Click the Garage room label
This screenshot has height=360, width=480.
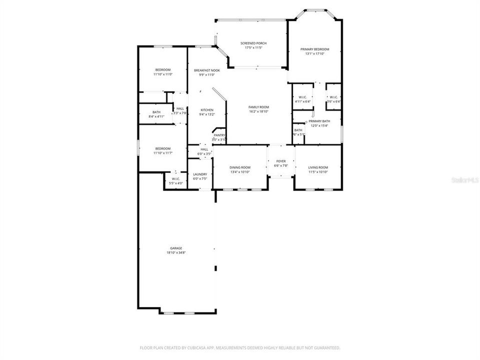pyautogui.click(x=176, y=248)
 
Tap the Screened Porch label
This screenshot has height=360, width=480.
pyautogui.click(x=253, y=43)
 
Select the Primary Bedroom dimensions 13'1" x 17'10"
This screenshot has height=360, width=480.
pyautogui.click(x=315, y=53)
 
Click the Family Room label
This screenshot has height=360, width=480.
pyautogui.click(x=259, y=107)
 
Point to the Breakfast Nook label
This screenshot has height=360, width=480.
pyautogui.click(x=207, y=70)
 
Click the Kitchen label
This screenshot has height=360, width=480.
pyautogui.click(x=207, y=109)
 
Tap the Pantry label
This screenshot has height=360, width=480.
pyautogui.click(x=219, y=135)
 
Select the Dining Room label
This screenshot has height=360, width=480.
pyautogui.click(x=239, y=167)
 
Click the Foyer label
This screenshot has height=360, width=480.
pyautogui.click(x=281, y=161)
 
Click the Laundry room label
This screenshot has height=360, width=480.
pyautogui.click(x=200, y=174)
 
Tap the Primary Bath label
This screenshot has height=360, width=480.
pyautogui.click(x=319, y=121)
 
